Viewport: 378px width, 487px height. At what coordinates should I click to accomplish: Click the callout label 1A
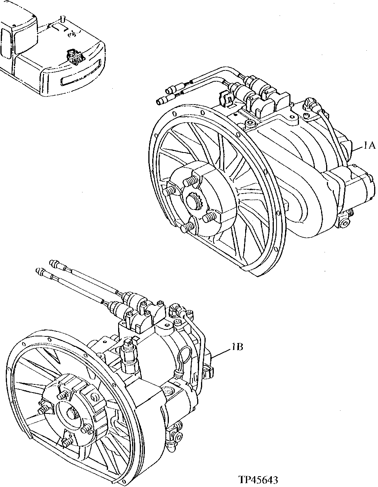(369, 146)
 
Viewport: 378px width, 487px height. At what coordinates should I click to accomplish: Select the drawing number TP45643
(258, 480)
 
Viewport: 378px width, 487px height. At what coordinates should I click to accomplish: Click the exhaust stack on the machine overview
(62, 18)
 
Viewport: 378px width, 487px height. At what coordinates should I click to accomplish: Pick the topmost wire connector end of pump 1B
(53, 263)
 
